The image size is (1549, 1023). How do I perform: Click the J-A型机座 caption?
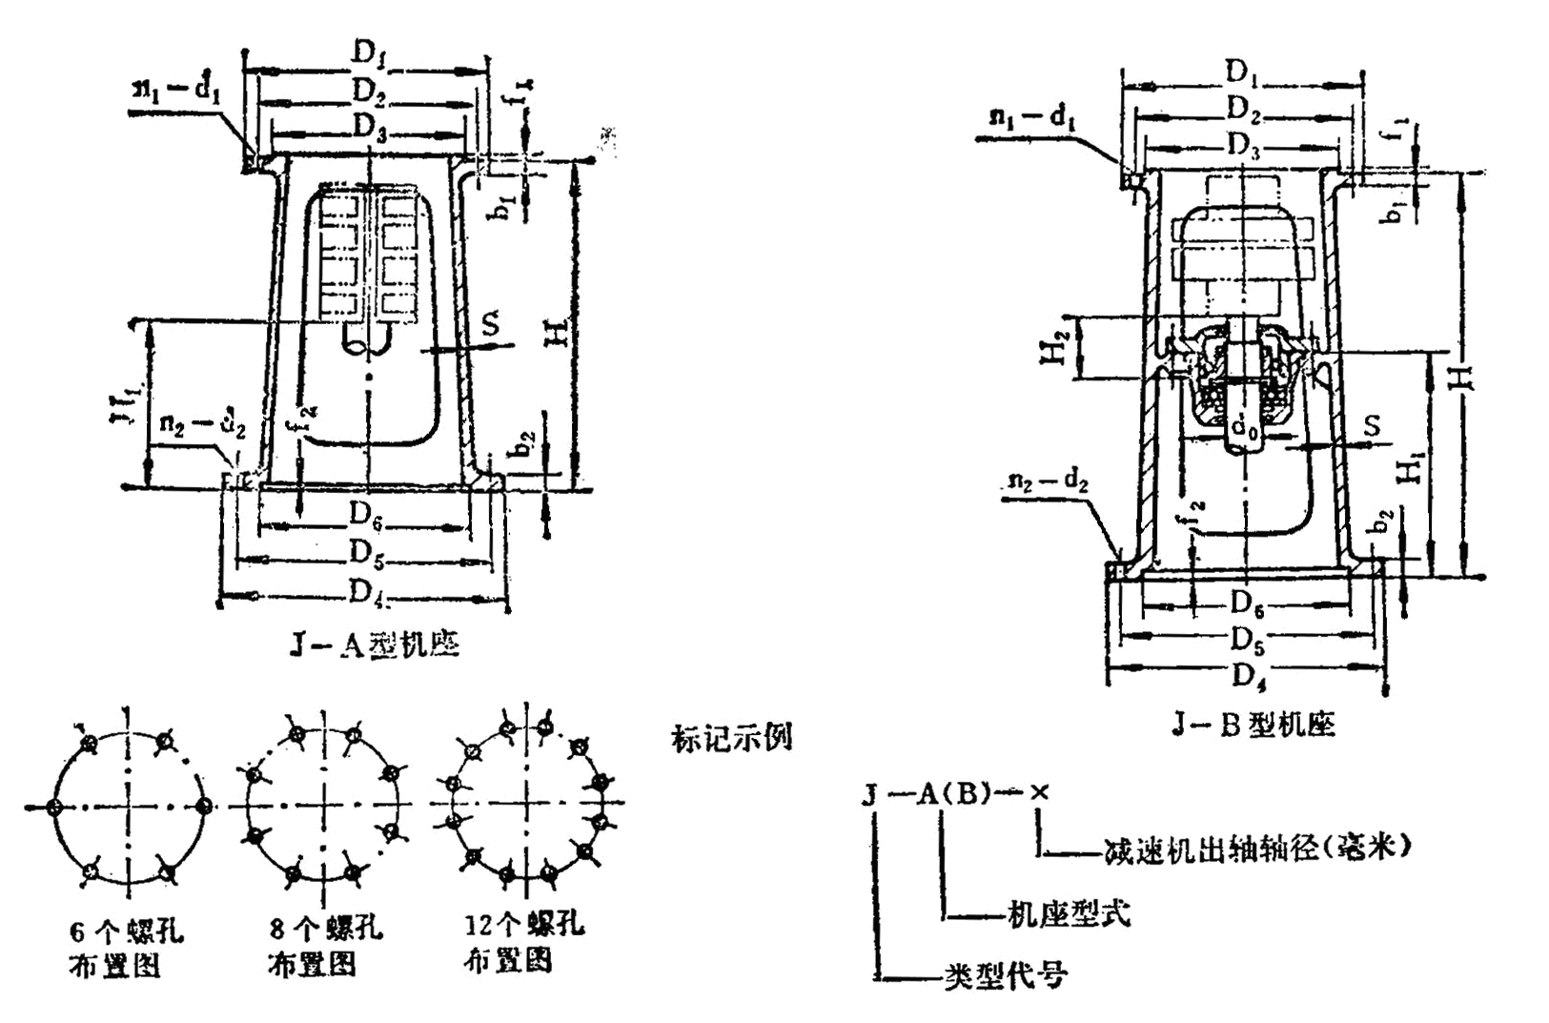375,646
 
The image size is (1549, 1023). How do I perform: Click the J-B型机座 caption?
1253,726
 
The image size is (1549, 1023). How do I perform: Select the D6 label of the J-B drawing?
1246,603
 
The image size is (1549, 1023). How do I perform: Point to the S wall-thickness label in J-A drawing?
490,324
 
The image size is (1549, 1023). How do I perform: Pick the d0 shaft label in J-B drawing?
1244,430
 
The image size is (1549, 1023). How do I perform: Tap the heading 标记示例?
731,738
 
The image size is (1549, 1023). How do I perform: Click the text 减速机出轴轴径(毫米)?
1255,848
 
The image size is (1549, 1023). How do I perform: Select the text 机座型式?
1068,913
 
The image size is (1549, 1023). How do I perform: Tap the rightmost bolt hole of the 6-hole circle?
203,806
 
